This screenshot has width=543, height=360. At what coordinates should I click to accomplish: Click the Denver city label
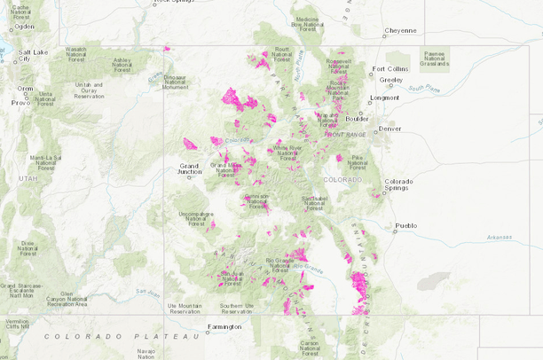pyautogui.click(x=390, y=129)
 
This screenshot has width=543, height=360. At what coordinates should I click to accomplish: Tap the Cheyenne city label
pyautogui.click(x=399, y=30)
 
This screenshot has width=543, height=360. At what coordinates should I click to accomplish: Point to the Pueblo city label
pyautogui.click(x=405, y=225)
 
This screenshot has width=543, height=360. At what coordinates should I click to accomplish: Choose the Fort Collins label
pyautogui.click(x=390, y=68)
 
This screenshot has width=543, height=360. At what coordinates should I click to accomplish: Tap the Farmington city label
pyautogui.click(x=223, y=326)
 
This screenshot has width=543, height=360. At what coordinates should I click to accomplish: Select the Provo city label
pyautogui.click(x=20, y=103)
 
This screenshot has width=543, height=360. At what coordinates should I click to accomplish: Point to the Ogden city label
pyautogui.click(x=24, y=27)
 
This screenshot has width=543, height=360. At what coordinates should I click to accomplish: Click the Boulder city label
pyautogui.click(x=357, y=118)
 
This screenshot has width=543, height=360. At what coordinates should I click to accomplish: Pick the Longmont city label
pyautogui.click(x=384, y=98)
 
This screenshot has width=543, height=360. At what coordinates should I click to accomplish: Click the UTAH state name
pyautogui.click(x=28, y=178)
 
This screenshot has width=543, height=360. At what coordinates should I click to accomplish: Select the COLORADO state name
pyautogui.click(x=342, y=179)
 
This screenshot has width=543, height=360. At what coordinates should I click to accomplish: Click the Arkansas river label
pyautogui.click(x=499, y=237)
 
